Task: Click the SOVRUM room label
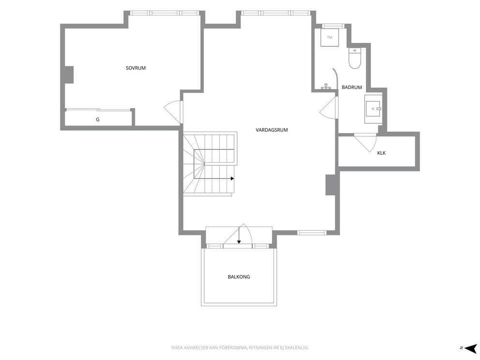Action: click(135, 68)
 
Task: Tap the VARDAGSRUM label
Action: click(271, 130)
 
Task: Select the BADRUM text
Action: click(352, 87)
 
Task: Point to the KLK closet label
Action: click(381, 153)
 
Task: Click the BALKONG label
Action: click(239, 277)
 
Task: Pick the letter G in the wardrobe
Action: click(98, 120)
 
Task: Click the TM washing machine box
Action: click(330, 38)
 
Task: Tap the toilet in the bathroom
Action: click(355, 58)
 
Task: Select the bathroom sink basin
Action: click(373, 109)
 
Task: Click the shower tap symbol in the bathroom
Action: click(326, 87)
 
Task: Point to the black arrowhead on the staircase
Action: click(233, 179)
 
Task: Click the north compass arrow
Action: click(471, 348)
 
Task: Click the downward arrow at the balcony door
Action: click(239, 235)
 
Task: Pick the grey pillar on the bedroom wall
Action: click(69, 75)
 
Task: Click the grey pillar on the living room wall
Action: click(331, 184)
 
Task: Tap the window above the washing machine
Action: click(333, 26)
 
